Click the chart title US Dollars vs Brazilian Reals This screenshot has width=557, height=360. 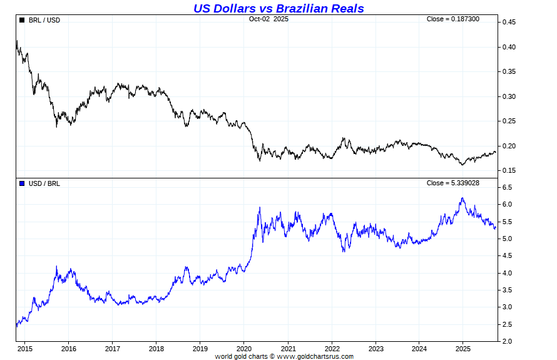pos(278,8)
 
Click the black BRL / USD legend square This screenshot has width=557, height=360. pos(23,20)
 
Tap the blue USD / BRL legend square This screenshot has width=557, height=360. pos(23,183)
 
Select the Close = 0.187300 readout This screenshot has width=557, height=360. pos(452,19)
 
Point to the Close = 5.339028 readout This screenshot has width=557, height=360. pos(452,183)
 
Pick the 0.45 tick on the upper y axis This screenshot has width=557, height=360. pos(508,23)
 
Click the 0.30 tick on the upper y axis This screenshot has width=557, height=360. pos(508,96)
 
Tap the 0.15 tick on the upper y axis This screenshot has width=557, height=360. pos(508,170)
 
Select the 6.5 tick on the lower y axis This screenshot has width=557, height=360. pos(507,188)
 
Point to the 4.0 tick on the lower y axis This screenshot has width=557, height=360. pos(507,273)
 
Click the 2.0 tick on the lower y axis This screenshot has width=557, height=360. pos(507,341)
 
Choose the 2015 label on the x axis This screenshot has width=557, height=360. pos(24,349)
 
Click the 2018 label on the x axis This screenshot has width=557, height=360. pos(156,349)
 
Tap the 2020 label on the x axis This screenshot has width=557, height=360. pos(244,349)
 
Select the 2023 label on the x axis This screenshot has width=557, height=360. pos(376,349)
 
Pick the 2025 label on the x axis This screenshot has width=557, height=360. pos(463,349)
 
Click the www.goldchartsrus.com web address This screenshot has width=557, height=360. pos(315,356)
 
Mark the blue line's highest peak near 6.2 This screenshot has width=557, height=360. pos(462,198)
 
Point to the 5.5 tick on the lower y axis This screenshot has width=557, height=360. pos(507,222)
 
